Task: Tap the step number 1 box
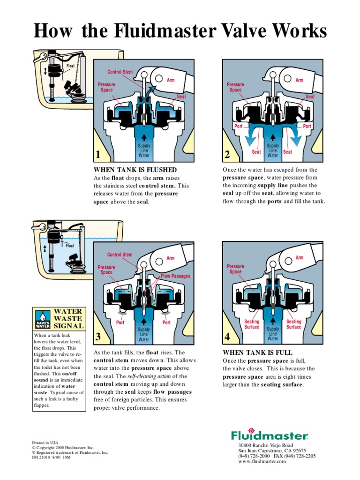(98, 155)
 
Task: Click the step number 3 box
(98, 337)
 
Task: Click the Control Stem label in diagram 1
(120, 72)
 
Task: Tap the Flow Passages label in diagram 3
(176, 276)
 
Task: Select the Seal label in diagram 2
(310, 96)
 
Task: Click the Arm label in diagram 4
(300, 258)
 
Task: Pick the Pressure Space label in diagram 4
(235, 269)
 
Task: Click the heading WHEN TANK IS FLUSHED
(135, 170)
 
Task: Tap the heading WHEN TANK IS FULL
(257, 352)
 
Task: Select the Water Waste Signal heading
(68, 318)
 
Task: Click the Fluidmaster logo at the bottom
(269, 435)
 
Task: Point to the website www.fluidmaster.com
(262, 462)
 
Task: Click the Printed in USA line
(44, 442)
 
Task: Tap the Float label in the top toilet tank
(71, 66)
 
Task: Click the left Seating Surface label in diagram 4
(252, 324)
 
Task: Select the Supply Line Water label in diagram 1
(144, 150)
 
